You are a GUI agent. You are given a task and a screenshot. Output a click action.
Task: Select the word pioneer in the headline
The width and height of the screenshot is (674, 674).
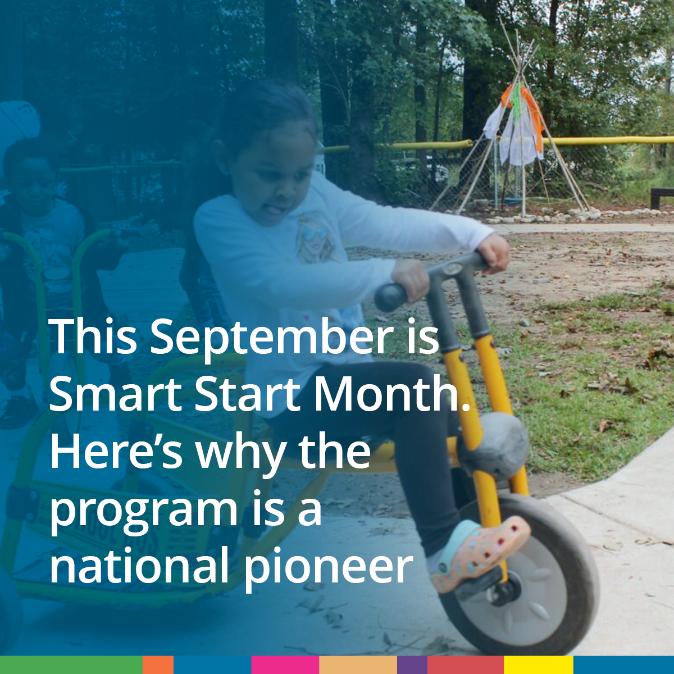click(327, 568)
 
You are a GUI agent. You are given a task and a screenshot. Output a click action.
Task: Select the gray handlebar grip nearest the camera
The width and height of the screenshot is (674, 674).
click(392, 297)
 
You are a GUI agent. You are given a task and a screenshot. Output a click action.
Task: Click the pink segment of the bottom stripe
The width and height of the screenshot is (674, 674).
click(285, 665)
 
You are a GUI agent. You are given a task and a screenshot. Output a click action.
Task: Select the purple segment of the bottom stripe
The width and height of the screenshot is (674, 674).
click(412, 665)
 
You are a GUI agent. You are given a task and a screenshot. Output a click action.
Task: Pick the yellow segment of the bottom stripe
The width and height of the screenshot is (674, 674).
click(538, 665)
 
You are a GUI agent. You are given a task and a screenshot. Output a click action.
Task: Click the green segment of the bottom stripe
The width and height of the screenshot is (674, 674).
click(71, 665)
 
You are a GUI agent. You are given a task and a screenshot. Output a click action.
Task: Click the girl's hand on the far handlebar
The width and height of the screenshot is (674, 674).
click(493, 253)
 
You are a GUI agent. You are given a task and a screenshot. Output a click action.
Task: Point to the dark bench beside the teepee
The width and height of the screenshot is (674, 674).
click(662, 198)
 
